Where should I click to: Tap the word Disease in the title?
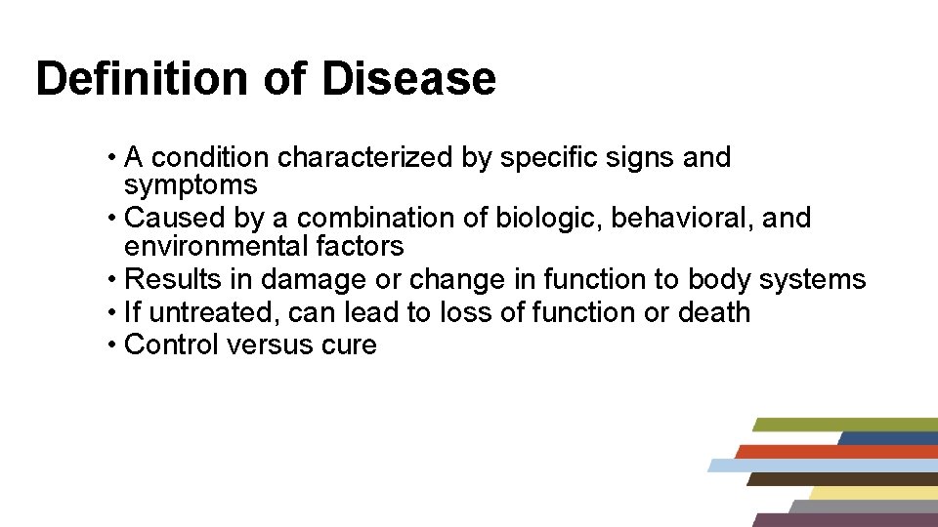[x=408, y=78]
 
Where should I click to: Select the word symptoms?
[x=191, y=185]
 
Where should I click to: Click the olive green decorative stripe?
[x=845, y=425]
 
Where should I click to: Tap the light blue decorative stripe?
[x=821, y=466]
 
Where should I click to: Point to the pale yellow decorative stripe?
[x=870, y=493]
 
